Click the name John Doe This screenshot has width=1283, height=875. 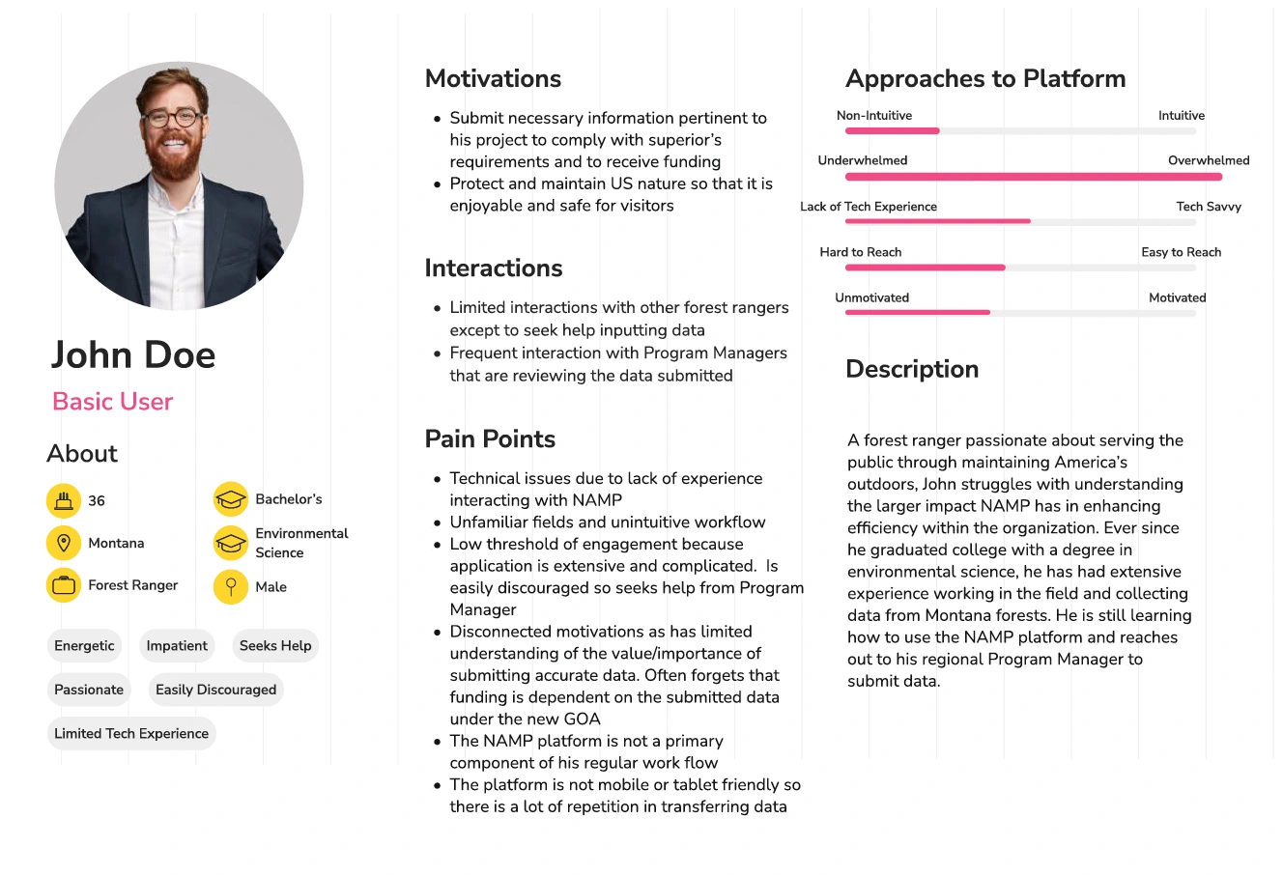click(133, 354)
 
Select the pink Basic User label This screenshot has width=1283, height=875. click(112, 402)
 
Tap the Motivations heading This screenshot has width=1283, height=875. click(493, 78)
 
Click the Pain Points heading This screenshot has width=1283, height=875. click(490, 438)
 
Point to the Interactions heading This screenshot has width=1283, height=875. click(493, 268)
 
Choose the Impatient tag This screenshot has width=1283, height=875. click(177, 645)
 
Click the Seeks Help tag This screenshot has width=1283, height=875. click(275, 645)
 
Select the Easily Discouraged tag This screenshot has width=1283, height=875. click(215, 690)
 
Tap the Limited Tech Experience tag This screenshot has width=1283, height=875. click(131, 733)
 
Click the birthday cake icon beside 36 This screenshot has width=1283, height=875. click(64, 500)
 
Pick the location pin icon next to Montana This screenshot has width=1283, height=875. click(64, 543)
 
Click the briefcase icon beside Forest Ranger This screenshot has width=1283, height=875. click(64, 585)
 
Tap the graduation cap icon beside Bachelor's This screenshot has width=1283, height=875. click(231, 499)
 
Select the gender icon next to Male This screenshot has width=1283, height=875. click(231, 586)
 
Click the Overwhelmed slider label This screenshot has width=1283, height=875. click(1209, 160)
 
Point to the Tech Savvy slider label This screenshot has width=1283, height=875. click(1209, 206)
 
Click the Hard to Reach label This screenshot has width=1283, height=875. click(860, 252)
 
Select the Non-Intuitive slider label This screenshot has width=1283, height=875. click(873, 115)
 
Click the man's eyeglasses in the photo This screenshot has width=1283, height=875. click(173, 119)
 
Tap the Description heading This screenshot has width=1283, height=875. click(912, 369)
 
